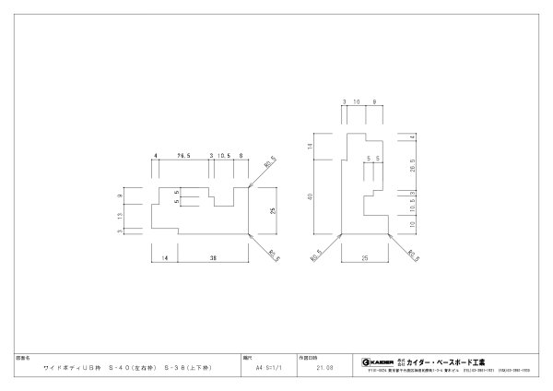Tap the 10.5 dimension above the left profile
coord(223,157)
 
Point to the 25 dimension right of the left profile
coord(273,211)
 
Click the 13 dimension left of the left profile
coord(120,215)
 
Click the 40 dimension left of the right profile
coord(312,195)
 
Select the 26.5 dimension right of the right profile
coord(411,164)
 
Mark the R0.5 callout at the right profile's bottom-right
coord(413,255)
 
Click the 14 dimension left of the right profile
coord(312,147)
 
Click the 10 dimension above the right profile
coord(356,102)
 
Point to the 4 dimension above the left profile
coord(156,157)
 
